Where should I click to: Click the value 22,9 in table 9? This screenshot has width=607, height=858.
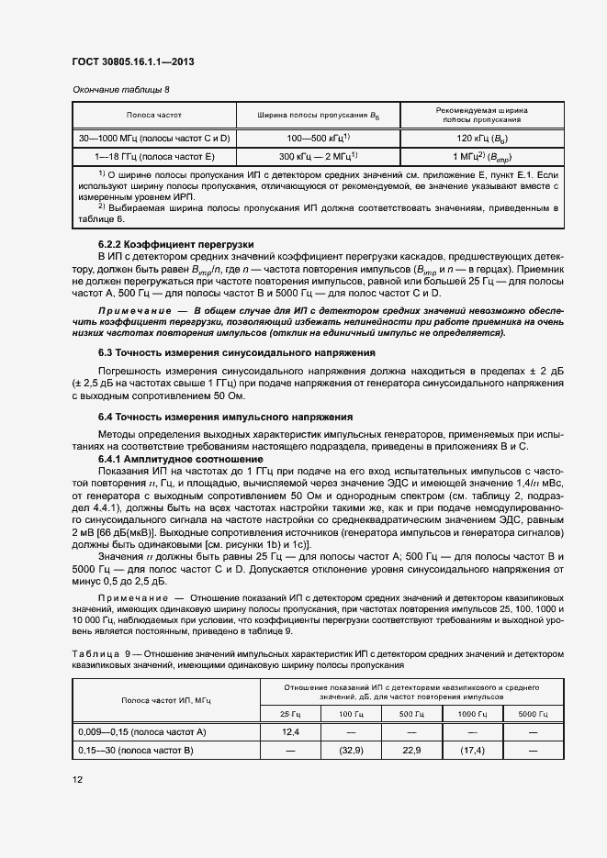click(412, 750)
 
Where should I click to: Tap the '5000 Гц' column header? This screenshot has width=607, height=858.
click(533, 713)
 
